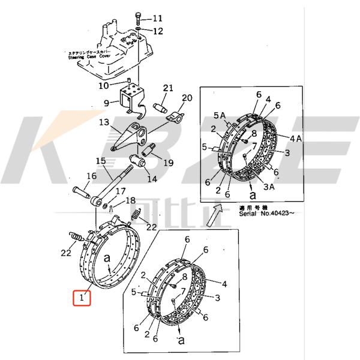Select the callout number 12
pyautogui.click(x=157, y=30)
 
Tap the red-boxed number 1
pyautogui.click(x=82, y=297)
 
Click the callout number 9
pyautogui.click(x=106, y=103)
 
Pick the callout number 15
pyautogui.click(x=100, y=161)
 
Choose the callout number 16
pyautogui.click(x=91, y=176)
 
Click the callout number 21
pyautogui.click(x=167, y=88)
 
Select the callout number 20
pyautogui.click(x=187, y=98)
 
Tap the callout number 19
pyautogui.click(x=167, y=162)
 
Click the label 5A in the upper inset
pyautogui.click(x=219, y=115)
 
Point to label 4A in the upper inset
pyautogui.click(x=296, y=138)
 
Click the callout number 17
pyautogui.click(x=121, y=191)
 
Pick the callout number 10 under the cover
pyautogui.click(x=104, y=85)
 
